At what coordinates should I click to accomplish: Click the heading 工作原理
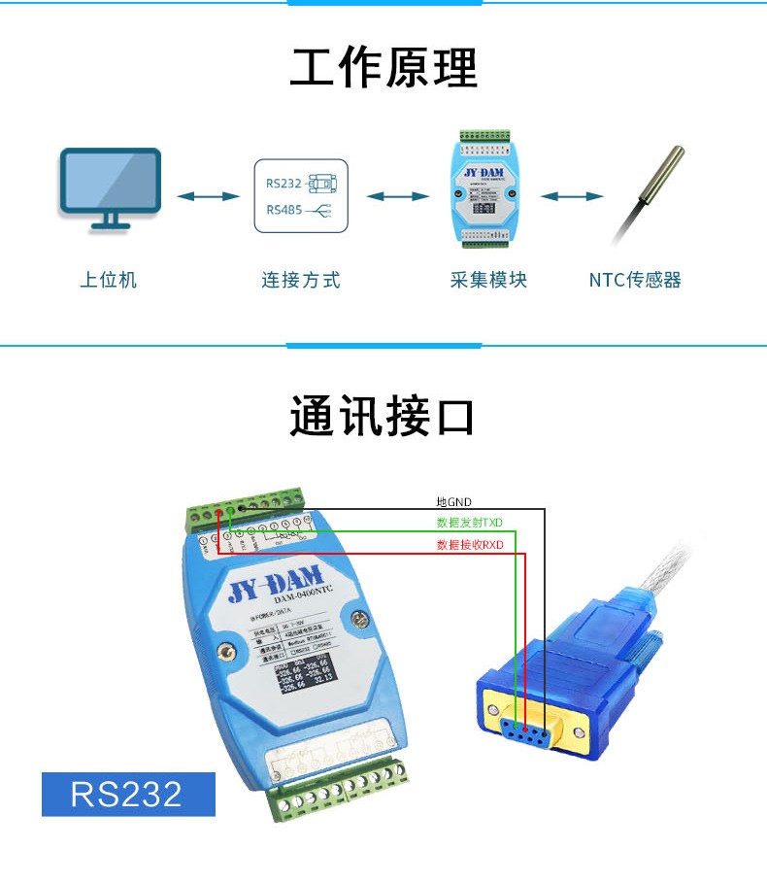click(383, 69)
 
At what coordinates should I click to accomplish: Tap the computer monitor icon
click(110, 187)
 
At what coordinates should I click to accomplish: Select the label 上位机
click(109, 281)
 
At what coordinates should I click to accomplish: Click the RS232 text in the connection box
click(283, 183)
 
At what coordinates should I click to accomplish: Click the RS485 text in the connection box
click(283, 210)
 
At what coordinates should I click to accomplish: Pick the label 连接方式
click(301, 281)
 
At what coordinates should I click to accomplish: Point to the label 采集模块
click(488, 281)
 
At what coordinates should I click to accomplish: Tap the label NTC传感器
click(635, 281)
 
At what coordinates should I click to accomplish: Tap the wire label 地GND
click(453, 502)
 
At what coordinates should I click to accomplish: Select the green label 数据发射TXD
click(470, 523)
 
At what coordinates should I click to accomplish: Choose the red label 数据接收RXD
click(470, 545)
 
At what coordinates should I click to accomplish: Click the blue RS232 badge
click(127, 794)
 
